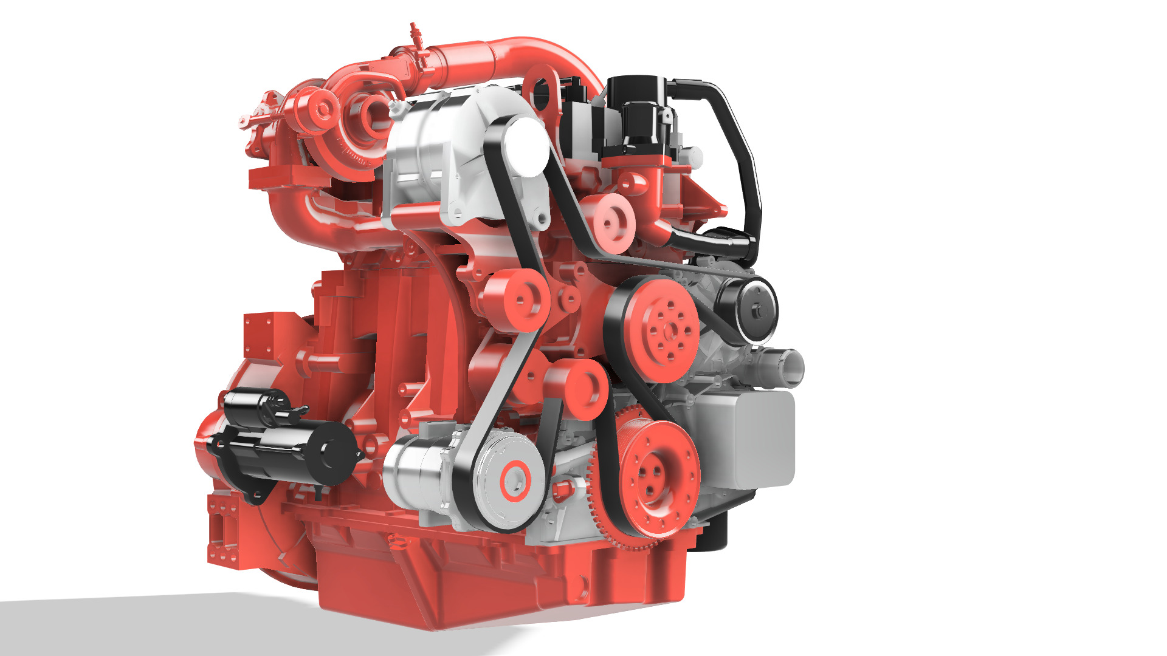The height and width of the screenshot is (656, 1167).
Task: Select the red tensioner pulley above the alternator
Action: [580, 389]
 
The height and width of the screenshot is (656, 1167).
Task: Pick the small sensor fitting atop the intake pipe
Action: [415, 33]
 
